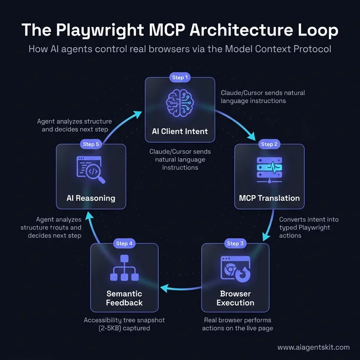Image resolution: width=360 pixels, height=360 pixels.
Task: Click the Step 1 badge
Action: [179, 77]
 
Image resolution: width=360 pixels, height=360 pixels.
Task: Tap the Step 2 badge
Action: [269, 144]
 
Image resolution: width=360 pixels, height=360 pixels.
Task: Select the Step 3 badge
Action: [235, 244]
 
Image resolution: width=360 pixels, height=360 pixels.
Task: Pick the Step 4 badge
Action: [124, 244]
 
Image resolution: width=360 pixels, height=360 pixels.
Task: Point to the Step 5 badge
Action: [91, 144]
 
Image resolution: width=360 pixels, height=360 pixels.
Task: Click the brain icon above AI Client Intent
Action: [179, 103]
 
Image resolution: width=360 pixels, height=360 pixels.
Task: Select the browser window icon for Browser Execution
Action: [236, 268]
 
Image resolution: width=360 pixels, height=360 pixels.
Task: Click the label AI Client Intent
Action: [179, 131]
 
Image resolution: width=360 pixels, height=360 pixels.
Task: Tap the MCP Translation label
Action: [269, 198]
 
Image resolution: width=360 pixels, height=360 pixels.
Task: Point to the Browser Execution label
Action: [236, 298]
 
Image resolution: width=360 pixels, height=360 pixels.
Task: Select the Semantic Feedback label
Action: [124, 298]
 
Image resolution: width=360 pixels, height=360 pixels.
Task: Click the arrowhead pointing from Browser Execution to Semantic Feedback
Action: [164, 287]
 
